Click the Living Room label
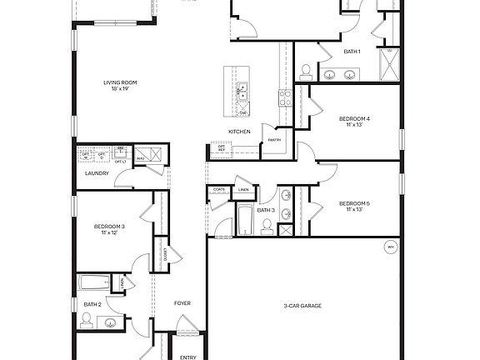[x=120, y=82]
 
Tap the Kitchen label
[x=240, y=132]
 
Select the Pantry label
[x=274, y=140]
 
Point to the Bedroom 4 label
[x=354, y=119]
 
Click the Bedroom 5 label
[x=354, y=204]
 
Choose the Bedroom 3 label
[x=109, y=227]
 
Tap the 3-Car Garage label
[x=302, y=306]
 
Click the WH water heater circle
[x=390, y=247]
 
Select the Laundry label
[x=97, y=173]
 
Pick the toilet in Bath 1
[x=306, y=71]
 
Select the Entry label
[x=188, y=357]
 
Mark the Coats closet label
[x=219, y=190]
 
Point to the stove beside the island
[x=283, y=98]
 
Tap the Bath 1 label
[x=352, y=52]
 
